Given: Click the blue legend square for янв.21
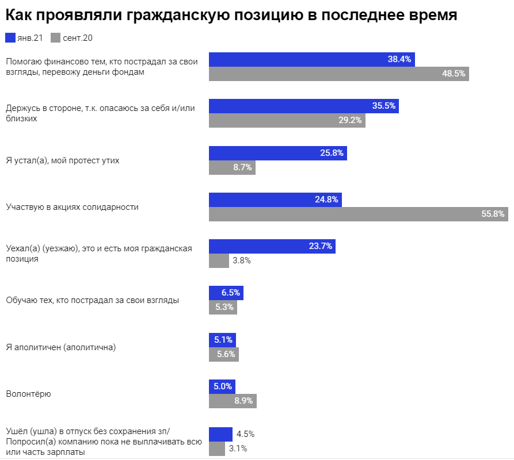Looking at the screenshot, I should (x=10, y=39).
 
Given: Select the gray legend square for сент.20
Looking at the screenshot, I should (x=56, y=39).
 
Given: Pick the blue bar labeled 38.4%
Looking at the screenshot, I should (x=311, y=59).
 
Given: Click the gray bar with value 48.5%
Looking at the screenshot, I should (x=338, y=74).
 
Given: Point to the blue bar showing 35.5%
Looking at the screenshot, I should (x=303, y=106).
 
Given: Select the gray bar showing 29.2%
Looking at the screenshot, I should (x=287, y=121).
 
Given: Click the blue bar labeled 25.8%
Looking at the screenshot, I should (x=277, y=153).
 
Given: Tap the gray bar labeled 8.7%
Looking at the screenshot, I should (x=231, y=167).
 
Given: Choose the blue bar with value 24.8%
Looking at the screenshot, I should (x=275, y=200).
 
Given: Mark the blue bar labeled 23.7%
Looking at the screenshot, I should (x=272, y=246).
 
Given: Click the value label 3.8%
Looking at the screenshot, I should (x=242, y=260).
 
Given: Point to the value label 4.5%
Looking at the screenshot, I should (x=245, y=434).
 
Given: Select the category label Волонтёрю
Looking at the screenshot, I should (x=28, y=394).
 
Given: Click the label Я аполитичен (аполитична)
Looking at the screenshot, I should (x=60, y=347).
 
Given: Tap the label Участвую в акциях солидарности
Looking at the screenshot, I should (x=72, y=206).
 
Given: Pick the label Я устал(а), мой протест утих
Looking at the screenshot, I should (x=62, y=160).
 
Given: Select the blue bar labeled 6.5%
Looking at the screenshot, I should (x=226, y=293).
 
